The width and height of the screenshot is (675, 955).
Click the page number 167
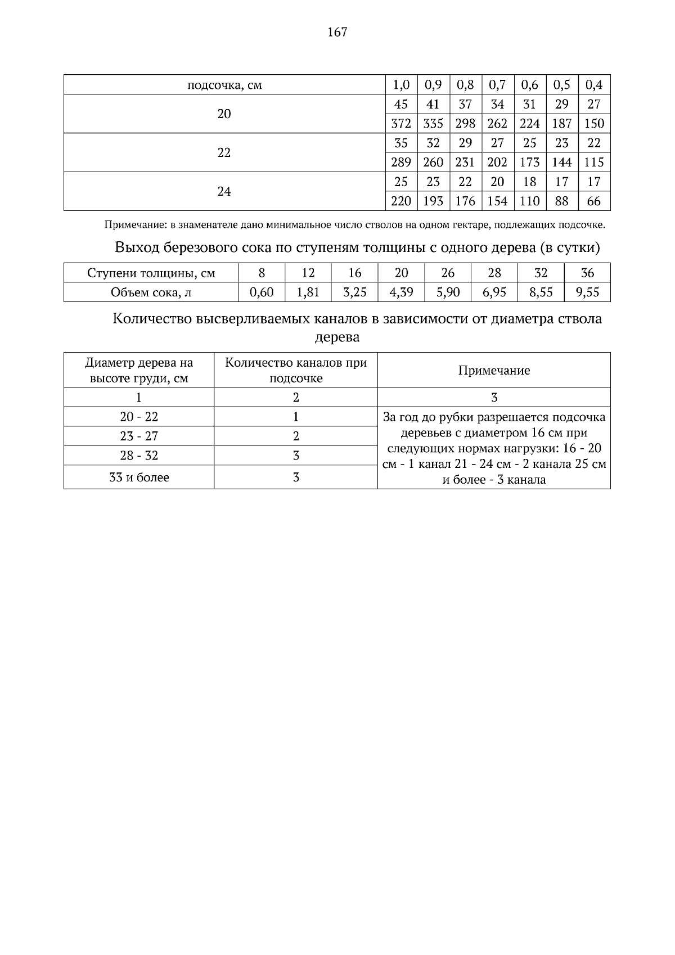click(337, 32)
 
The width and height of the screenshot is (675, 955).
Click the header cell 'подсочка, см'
click(224, 85)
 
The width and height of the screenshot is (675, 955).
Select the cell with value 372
click(401, 124)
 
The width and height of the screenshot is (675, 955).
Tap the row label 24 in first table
click(224, 192)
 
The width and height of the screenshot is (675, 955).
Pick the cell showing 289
click(401, 163)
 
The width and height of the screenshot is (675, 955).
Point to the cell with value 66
click(594, 201)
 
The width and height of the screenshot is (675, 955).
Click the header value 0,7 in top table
click(497, 85)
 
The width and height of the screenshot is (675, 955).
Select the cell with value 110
click(529, 201)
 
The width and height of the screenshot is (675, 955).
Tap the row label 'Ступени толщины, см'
click(151, 273)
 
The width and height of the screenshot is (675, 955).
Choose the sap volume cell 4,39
click(401, 292)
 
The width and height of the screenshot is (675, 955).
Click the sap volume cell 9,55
click(587, 292)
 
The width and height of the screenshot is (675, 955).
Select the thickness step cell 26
click(448, 273)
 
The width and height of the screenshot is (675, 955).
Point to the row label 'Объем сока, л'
click(151, 292)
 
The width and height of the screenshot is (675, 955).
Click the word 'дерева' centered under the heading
click(337, 338)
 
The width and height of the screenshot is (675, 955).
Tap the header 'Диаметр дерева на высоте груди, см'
click(138, 371)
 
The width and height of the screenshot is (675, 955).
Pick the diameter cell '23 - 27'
click(138, 436)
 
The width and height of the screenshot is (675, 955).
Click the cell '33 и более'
click(138, 477)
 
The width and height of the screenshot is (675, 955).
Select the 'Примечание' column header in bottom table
click(494, 371)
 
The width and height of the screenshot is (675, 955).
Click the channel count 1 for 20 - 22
click(296, 417)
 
